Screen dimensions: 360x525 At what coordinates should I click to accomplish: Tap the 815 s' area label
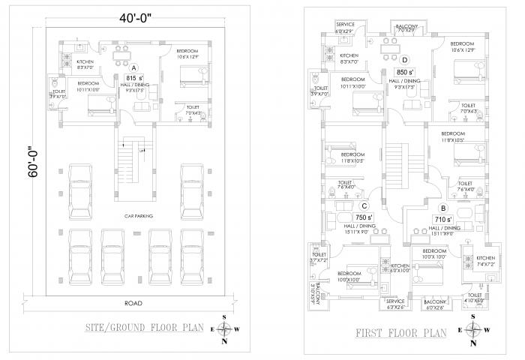(x=135, y=78)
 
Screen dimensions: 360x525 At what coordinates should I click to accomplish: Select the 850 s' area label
(x=404, y=73)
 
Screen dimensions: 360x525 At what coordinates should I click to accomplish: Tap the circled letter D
(x=405, y=60)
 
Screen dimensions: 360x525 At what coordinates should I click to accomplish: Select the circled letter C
(x=364, y=206)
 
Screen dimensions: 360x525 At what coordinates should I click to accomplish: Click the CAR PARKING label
(x=139, y=215)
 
